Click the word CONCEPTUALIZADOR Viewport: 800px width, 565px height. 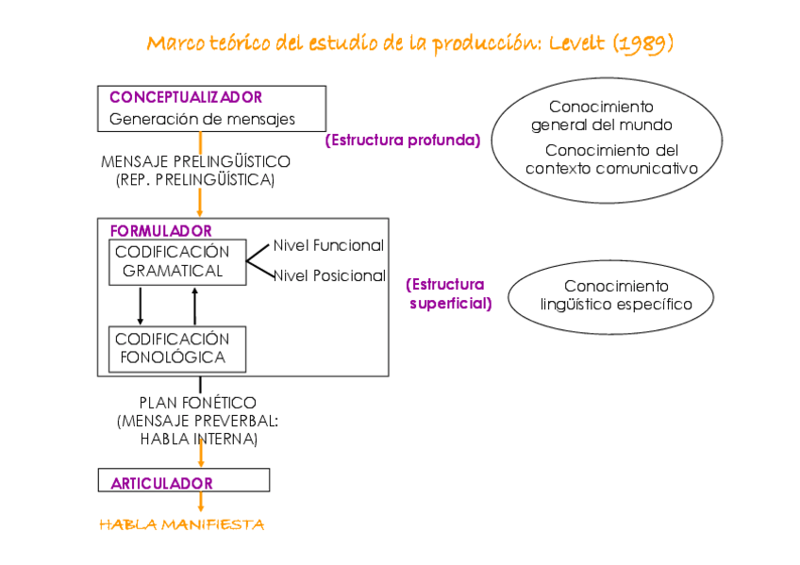click(185, 97)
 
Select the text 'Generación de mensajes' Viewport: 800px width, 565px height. click(202, 120)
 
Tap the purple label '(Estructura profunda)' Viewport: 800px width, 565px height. click(403, 141)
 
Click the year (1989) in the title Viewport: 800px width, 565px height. click(642, 44)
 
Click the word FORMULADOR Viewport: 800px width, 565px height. click(160, 230)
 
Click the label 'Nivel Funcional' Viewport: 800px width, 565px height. click(328, 245)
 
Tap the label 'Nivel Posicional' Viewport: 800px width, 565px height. click(329, 276)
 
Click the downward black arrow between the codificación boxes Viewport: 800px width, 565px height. click(141, 306)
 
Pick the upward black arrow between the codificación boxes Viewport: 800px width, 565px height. click(195, 306)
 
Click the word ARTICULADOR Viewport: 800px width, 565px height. click(161, 483)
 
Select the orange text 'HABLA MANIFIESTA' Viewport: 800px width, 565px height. click(182, 524)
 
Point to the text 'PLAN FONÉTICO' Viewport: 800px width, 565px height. click(197, 403)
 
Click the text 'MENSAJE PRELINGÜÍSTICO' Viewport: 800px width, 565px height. click(195, 161)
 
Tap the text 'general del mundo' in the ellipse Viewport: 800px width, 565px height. click(601, 125)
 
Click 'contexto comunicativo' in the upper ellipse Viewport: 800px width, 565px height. click(611, 168)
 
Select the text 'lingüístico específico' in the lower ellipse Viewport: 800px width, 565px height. click(616, 304)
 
